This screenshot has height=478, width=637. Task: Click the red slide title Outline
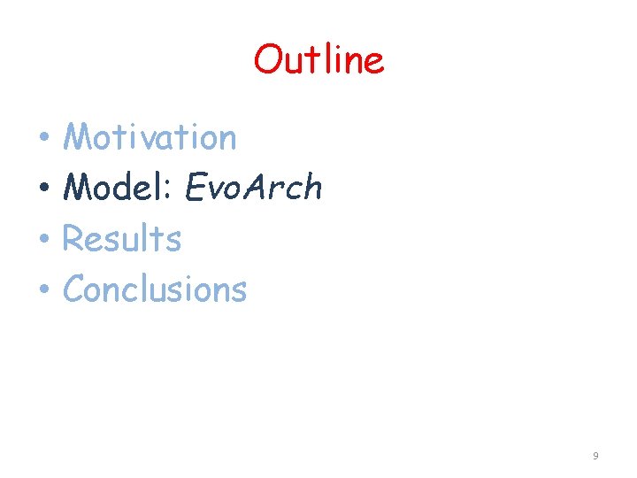318,60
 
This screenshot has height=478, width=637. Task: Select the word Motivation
150,137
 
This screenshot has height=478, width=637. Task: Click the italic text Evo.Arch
254,188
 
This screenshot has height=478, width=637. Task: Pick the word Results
122,239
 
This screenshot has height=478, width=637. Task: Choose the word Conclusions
155,289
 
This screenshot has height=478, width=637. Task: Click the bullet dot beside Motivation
42,139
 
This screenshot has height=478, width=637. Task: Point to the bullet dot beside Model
42,189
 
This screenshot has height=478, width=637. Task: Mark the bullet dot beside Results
42,240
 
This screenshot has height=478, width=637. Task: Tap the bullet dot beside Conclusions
42,290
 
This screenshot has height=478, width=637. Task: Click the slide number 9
595,456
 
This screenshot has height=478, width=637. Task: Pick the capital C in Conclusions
75,289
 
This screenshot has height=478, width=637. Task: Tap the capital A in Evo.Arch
257,188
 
